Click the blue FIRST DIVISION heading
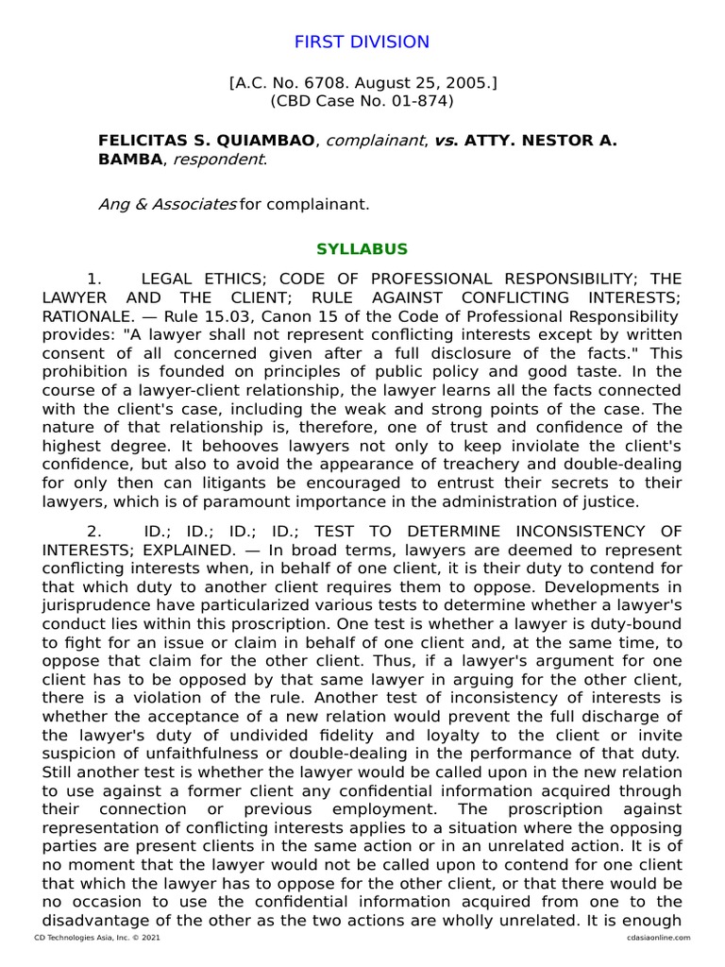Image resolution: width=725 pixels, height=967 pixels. (362, 42)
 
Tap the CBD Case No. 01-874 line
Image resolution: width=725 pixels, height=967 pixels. (362, 100)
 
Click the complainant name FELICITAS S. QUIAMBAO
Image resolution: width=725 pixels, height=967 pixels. (207, 141)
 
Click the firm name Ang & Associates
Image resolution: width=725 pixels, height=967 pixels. (167, 204)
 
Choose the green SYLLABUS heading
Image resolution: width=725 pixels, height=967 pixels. (362, 249)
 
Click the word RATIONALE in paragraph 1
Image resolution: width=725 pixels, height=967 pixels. (84, 315)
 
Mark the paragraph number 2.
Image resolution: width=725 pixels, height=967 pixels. (93, 532)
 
